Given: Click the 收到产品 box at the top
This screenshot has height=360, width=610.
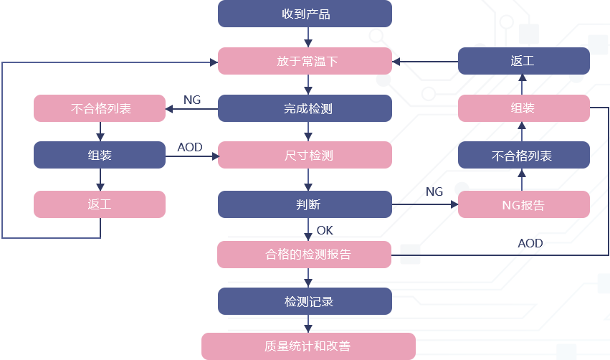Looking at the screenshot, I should coord(305,14).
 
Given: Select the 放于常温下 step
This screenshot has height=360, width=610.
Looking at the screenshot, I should coord(305,61).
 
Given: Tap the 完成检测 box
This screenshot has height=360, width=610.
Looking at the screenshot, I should coord(305,108).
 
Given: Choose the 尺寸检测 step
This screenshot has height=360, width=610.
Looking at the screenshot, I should coord(305,155).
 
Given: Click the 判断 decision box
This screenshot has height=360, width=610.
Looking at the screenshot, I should coord(305,204).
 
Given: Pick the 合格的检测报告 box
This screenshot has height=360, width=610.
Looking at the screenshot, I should coord(305,255).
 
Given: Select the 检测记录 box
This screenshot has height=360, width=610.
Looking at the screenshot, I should coord(305,301).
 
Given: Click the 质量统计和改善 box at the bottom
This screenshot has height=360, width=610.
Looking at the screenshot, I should coord(308,346).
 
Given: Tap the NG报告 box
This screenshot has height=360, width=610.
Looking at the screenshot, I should coord(523,205).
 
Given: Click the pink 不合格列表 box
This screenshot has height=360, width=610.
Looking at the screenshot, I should coord(99,108).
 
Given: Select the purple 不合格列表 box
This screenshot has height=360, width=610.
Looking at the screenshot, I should coord(523,155).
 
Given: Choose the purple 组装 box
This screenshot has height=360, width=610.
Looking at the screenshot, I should coord(99,155).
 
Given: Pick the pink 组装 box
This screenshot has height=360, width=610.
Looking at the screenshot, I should coord(523,108).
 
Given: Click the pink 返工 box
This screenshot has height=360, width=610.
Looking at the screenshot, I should coord(99,204).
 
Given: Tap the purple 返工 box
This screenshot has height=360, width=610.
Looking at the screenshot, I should coord(523,61).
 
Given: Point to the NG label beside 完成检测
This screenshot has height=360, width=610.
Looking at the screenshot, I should coord(192,100).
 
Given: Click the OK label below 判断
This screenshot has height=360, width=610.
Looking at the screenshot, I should coord(325,230).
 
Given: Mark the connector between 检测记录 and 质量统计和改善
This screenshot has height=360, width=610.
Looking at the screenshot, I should coord(308,324).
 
